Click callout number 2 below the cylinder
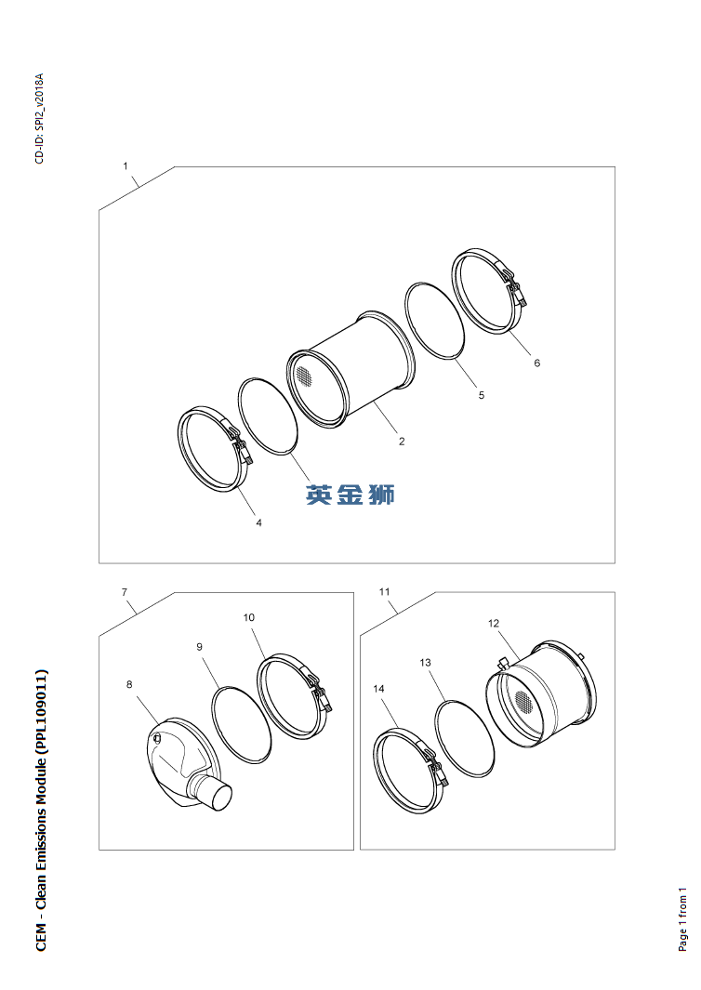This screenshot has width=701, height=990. coord(402,442)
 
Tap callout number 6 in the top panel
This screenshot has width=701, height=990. coord(536,363)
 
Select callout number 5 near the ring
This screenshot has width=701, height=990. coord(482,395)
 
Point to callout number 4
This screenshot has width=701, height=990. coord(259,522)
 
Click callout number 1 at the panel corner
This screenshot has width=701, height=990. coord(125,166)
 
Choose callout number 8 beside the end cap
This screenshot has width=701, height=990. coord(129,684)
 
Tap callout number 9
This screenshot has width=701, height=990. coord(200,647)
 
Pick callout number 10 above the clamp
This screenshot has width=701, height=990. coord(249,617)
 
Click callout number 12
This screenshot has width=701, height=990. coord(494,623)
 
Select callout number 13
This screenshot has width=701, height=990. coord(425,662)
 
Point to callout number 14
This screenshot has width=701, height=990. coord(378,688)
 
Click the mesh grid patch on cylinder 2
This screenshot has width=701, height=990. coord(304,376)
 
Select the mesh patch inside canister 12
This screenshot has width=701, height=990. coord(522,699)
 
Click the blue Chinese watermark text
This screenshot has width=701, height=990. coord(350,495)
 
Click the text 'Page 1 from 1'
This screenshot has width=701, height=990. coord(682,919)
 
